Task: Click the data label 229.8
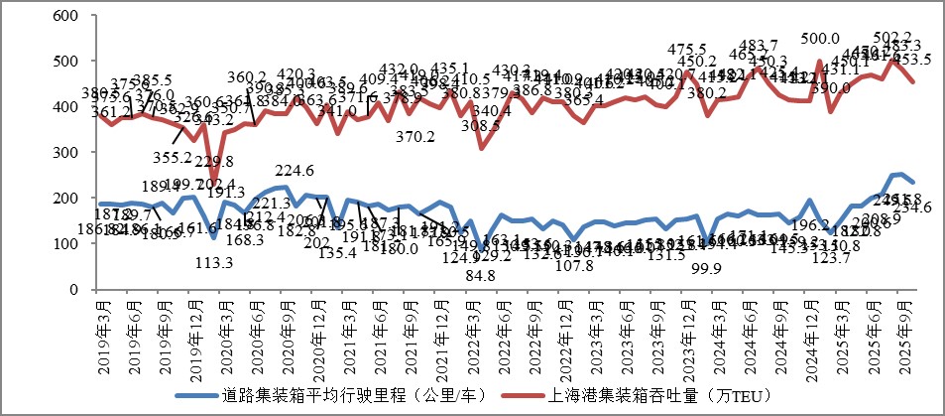[214, 162]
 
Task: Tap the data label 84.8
[480, 275]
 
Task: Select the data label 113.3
[214, 263]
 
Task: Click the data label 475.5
[687, 50]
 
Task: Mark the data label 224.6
[294, 170]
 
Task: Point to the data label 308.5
[481, 126]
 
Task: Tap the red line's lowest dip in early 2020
[214, 184]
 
